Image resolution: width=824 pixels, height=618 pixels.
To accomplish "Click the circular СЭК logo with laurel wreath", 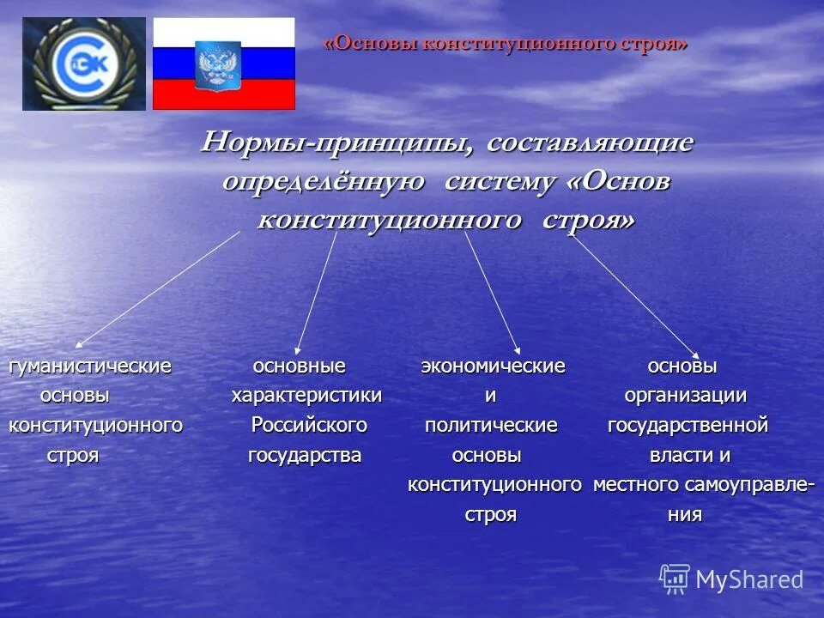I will click(x=84, y=64).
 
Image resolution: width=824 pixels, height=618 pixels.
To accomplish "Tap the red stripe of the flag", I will click(x=223, y=95).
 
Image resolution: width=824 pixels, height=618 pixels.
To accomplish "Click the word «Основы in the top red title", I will click(x=370, y=44).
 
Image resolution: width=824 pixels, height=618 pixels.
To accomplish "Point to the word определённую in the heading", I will click(x=323, y=182).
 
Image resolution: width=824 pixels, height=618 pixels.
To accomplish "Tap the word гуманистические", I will click(x=90, y=367).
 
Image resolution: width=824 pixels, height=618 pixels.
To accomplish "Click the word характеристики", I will click(x=306, y=396).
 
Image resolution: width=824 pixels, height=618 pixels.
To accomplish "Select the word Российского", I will click(x=309, y=425).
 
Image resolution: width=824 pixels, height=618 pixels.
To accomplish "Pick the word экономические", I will click(x=493, y=367).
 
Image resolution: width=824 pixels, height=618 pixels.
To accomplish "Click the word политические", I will click(x=491, y=425).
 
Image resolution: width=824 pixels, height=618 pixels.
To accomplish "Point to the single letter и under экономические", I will click(x=490, y=396).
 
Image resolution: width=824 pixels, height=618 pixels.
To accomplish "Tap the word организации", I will click(x=685, y=396).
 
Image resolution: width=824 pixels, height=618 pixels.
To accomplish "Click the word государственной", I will click(x=688, y=425).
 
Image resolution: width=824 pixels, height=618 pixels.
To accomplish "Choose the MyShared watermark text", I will click(x=748, y=579).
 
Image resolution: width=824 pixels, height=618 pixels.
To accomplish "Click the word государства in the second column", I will click(x=305, y=455).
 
